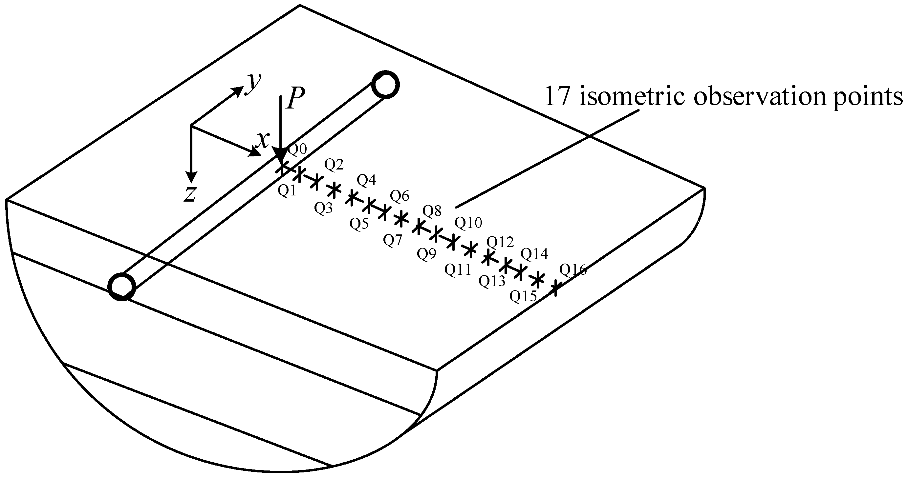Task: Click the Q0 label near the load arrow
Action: point(298,149)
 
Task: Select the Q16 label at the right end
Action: point(573,270)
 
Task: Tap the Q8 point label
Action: point(432,211)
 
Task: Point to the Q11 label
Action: point(457,270)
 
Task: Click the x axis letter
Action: point(263,140)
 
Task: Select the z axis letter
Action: point(190,194)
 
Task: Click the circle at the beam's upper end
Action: point(386,85)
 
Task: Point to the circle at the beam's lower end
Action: point(122,287)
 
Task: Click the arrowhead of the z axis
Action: point(191,177)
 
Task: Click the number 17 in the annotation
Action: point(557,96)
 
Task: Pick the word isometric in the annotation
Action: point(632,96)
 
